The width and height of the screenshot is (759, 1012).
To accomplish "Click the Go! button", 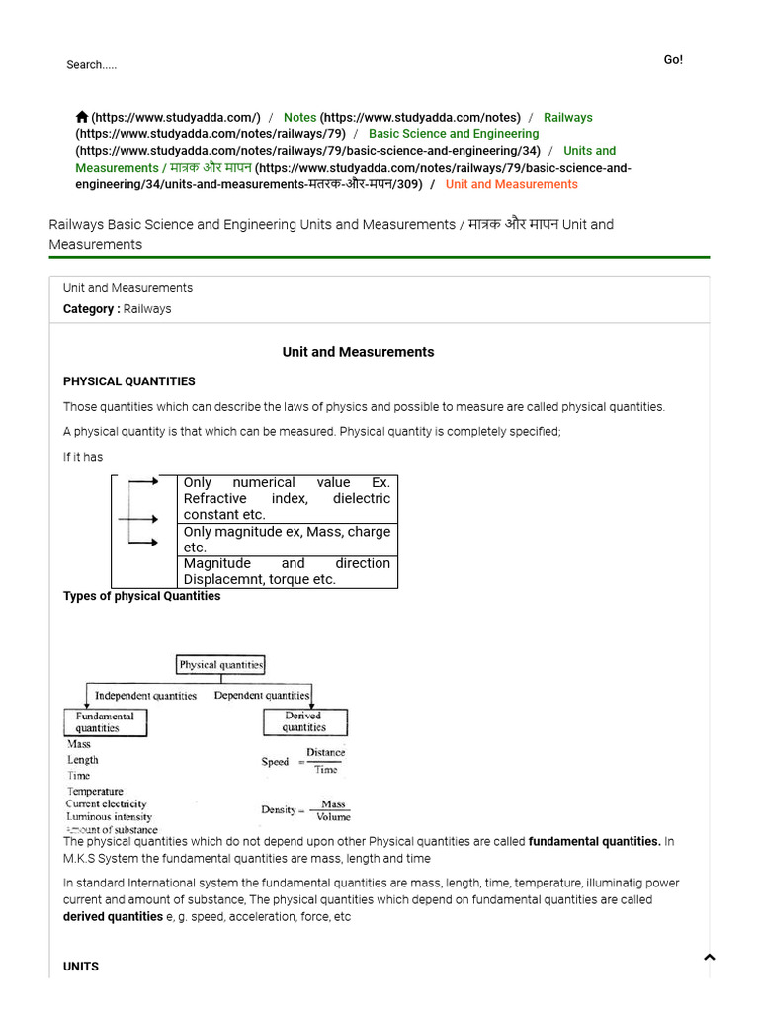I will click(673, 60).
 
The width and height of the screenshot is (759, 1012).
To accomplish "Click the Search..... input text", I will click(91, 65).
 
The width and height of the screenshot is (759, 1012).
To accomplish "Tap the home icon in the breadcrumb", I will click(82, 117).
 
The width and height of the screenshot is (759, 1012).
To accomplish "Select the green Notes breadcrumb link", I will click(299, 118).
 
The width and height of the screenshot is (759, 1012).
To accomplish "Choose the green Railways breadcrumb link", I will click(567, 118).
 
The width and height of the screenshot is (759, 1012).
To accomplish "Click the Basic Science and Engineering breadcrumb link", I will click(454, 134).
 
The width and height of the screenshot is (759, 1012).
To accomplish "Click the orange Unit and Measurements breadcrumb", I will click(511, 184).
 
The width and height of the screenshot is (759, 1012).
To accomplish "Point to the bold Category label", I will click(91, 309).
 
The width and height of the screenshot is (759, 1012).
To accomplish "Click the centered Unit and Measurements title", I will click(358, 352).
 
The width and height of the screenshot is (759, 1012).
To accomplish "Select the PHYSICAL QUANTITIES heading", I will click(128, 381).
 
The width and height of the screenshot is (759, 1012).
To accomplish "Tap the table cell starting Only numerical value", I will click(287, 498).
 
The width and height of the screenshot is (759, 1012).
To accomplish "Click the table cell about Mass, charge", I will click(287, 540).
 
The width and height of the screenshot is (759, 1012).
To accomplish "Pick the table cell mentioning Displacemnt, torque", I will click(287, 571).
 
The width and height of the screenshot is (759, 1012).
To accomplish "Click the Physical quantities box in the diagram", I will click(220, 665).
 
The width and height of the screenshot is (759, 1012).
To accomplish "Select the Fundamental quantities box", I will click(105, 721).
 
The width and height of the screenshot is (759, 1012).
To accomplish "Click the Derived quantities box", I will click(303, 721).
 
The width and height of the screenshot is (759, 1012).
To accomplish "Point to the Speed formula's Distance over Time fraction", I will click(325, 761).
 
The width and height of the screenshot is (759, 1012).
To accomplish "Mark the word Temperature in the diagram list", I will click(95, 791).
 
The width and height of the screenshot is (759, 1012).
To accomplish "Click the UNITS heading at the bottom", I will click(81, 967).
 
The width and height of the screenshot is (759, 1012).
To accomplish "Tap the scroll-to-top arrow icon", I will click(709, 957).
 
